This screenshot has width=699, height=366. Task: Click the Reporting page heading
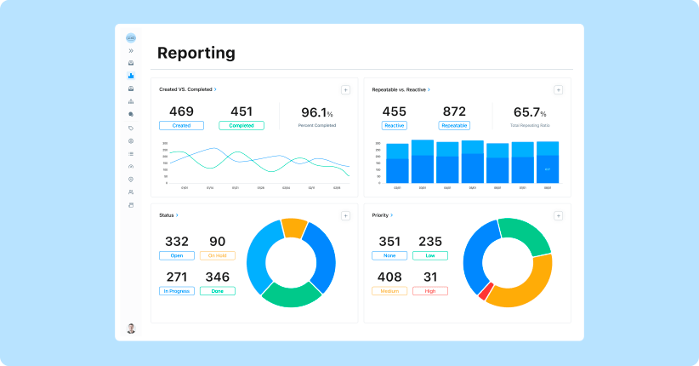click(x=196, y=54)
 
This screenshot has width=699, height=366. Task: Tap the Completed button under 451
click(x=241, y=125)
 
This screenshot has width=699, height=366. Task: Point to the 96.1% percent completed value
click(x=316, y=112)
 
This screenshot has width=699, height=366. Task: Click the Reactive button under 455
click(x=394, y=125)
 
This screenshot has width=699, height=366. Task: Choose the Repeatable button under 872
click(x=454, y=125)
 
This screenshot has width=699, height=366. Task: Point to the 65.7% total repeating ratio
click(x=531, y=112)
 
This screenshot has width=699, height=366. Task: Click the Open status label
click(x=176, y=255)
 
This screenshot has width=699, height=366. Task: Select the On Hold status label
click(x=218, y=255)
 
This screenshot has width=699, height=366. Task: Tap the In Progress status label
click(x=176, y=291)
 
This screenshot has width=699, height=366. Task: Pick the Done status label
click(x=218, y=291)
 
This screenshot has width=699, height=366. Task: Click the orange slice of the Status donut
click(x=294, y=227)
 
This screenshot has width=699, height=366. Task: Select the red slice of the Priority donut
click(x=485, y=292)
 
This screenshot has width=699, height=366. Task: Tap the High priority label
click(x=429, y=291)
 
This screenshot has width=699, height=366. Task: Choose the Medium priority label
click(x=389, y=291)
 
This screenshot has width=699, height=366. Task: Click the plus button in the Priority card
click(x=558, y=216)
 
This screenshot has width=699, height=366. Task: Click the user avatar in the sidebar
click(x=131, y=329)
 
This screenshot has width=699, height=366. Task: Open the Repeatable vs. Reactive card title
click(x=401, y=89)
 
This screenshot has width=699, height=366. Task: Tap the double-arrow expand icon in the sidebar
click(x=131, y=50)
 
